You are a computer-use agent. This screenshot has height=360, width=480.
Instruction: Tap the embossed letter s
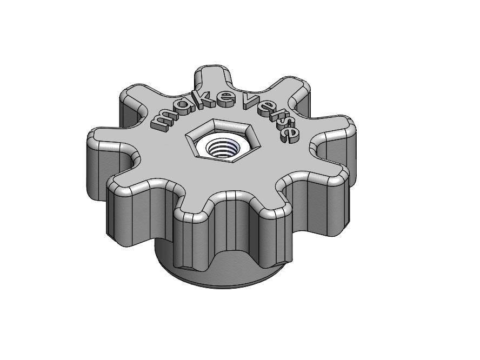pyautogui.click(x=284, y=124)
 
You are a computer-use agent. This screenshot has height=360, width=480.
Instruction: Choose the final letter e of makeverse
pyautogui.click(x=289, y=134)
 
